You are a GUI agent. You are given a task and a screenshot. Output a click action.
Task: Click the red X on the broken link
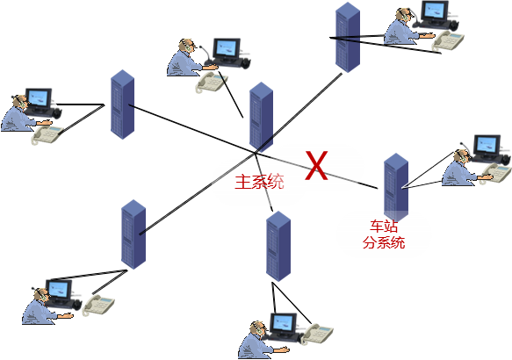point(316,165)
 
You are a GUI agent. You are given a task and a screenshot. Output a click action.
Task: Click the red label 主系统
point(260,182)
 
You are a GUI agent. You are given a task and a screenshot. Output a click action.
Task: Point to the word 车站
point(384,226)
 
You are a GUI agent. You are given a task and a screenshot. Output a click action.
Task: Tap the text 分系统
point(384,242)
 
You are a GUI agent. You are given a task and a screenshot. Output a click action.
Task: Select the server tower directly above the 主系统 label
point(261,117)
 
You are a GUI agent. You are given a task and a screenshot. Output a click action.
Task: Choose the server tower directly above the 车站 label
point(396,187)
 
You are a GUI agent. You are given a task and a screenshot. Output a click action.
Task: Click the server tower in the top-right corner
point(348,37)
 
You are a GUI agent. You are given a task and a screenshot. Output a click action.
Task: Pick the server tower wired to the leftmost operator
point(122,104)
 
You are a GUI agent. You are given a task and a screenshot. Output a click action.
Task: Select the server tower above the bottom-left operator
point(133,234)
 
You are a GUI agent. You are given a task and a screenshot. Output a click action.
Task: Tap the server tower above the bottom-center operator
point(278,246)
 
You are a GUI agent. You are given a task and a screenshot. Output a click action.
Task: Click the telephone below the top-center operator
point(211,82)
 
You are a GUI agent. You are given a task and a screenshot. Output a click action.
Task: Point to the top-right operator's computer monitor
point(435,11)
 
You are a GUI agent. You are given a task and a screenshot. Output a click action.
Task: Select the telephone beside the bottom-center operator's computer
point(318,334)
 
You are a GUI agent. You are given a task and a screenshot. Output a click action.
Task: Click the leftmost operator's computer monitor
point(39,99)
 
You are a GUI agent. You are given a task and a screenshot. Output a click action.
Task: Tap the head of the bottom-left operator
point(41,295)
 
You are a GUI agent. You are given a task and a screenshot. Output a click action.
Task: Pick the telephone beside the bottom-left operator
point(98,305)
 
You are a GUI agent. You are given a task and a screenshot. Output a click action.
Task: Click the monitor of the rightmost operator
point(487,146)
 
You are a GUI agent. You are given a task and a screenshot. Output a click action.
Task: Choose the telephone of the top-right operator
point(448,40)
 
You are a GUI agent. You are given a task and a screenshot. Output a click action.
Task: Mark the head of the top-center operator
point(187,46)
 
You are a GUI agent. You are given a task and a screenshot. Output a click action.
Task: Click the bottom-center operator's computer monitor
point(283,323)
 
